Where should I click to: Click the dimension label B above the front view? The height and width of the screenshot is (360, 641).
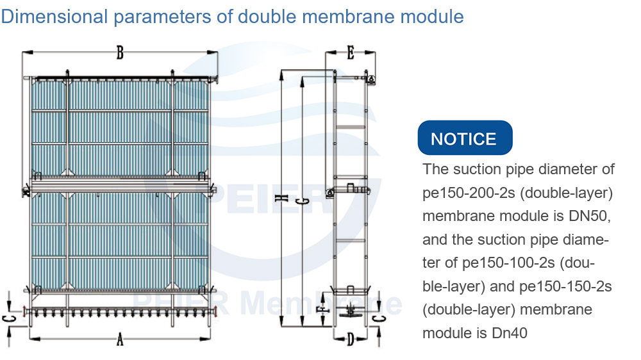(119, 53)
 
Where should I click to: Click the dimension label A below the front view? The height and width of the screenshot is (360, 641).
(119, 340)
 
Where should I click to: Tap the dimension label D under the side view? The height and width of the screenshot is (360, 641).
(350, 340)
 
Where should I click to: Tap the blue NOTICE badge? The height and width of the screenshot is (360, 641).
(464, 138)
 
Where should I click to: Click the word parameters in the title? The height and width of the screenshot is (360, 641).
(160, 16)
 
